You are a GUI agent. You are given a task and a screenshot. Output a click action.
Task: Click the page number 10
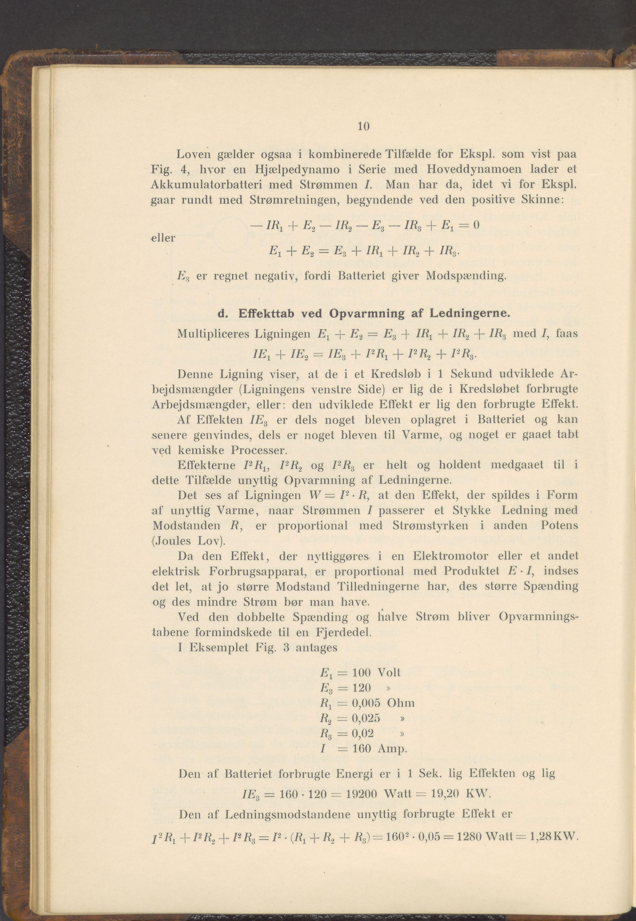coord(364,127)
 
